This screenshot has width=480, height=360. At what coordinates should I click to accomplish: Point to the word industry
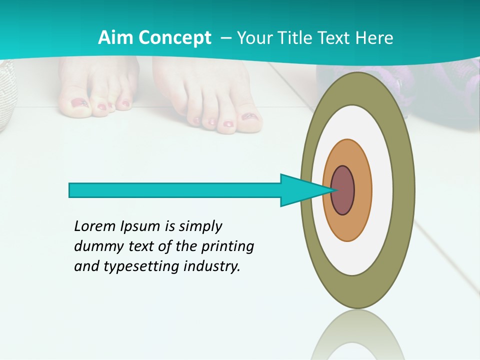tap(212, 266)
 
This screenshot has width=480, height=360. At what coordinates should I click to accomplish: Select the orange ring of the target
tap(363, 190)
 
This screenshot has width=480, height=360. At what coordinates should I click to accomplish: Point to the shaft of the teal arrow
tap(175, 190)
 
